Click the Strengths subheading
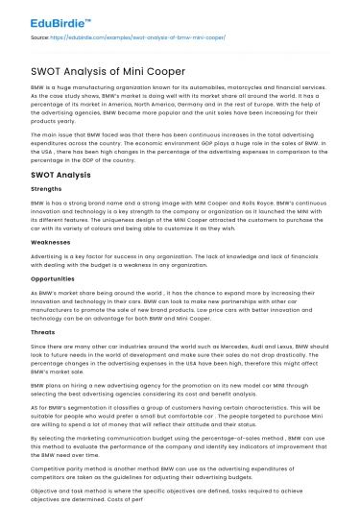tap(35, 190)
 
